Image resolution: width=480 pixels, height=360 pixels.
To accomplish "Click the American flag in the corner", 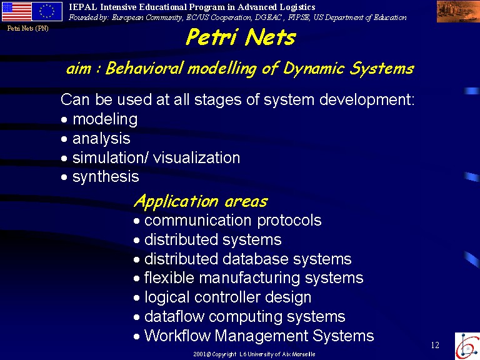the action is [17, 11].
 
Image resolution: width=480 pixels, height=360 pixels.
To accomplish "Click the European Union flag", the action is [47, 11].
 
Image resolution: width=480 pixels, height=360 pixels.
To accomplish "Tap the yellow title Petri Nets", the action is [241, 37].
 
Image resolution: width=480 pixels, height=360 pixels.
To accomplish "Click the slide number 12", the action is [435, 345].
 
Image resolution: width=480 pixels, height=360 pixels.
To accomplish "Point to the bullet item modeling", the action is [105, 119].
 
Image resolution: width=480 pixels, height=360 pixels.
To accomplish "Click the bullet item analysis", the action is [101, 139].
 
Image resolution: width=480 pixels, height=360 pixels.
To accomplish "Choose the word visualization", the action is [196, 157].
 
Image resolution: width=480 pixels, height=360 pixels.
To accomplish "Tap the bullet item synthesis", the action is [106, 177].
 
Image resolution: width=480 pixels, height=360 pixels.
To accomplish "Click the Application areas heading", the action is [201, 202].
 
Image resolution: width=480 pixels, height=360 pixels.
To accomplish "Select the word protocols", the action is [289, 221].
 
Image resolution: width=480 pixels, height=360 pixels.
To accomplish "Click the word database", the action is [255, 259].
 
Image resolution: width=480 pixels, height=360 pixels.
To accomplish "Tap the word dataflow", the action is [174, 316].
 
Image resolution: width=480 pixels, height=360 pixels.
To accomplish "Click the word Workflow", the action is [177, 336].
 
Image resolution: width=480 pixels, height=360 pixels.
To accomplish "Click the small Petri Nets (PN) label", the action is [28, 29].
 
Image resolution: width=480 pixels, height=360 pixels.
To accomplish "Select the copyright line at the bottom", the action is [254, 354].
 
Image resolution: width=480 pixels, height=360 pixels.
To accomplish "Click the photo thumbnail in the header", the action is [458, 11].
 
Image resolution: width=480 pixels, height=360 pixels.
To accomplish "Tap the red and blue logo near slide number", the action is [467, 346].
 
